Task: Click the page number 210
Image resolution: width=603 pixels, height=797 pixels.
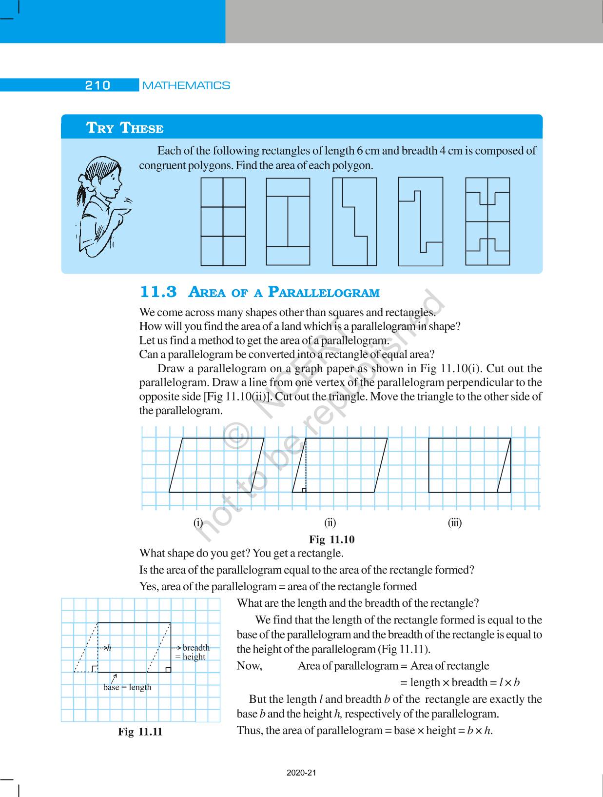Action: coord(98,85)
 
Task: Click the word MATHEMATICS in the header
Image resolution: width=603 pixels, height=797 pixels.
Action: coord(186,85)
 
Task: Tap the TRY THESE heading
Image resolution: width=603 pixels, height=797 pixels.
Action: coord(125,128)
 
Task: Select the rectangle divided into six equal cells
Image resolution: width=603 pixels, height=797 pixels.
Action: coord(223,221)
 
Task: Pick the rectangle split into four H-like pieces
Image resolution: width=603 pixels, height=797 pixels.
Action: coord(487,221)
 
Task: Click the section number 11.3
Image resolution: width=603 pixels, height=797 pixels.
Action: coord(158,292)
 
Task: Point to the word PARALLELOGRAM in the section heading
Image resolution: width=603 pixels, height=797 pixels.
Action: coord(324,293)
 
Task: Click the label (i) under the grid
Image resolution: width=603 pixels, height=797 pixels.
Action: coord(198,523)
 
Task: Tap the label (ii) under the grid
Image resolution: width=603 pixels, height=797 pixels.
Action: coord(330,523)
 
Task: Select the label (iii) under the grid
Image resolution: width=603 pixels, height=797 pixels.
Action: coord(455,523)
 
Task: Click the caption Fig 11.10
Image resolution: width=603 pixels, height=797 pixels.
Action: coord(332,539)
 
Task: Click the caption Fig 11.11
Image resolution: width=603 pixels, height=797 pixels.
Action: coord(140,732)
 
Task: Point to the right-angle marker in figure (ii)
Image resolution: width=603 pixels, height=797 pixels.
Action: coord(304,490)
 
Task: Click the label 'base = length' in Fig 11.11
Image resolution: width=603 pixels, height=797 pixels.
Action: coord(127,687)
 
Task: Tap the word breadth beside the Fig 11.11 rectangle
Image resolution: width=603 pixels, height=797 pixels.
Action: coord(196,648)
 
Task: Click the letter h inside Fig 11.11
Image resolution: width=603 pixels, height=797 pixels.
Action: coord(109,648)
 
